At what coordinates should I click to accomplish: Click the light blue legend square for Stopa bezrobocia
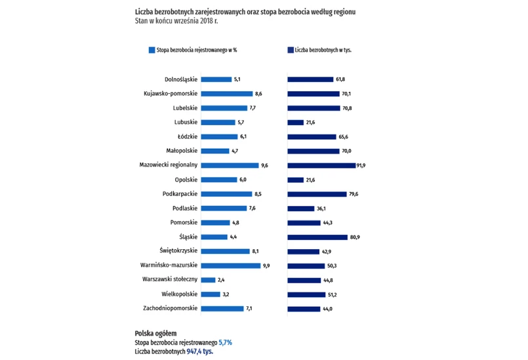152,50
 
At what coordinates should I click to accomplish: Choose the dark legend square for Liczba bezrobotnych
290,50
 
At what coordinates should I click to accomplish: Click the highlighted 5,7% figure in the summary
225,342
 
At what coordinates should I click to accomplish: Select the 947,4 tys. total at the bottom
200,351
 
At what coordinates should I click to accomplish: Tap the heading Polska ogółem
155,333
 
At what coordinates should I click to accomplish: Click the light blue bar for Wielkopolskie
211,294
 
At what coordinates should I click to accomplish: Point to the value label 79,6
354,194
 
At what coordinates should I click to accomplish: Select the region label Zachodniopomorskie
170,309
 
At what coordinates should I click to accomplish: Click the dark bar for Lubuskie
296,122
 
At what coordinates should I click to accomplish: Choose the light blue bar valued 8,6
227,94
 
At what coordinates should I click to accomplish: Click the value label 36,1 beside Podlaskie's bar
321,209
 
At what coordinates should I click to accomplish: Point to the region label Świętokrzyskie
178,251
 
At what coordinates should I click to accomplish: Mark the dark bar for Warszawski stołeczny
304,280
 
